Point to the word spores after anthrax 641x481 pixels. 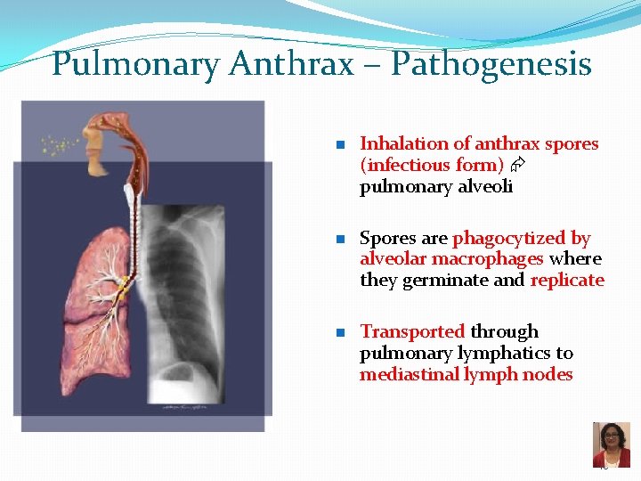point(572,143)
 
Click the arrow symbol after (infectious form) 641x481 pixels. point(516,166)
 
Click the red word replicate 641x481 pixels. point(567,281)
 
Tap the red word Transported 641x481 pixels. point(412,331)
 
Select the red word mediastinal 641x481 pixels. point(409,374)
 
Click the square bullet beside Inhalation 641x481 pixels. point(340,144)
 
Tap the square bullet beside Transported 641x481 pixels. point(340,332)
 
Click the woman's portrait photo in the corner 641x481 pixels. point(611,444)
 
